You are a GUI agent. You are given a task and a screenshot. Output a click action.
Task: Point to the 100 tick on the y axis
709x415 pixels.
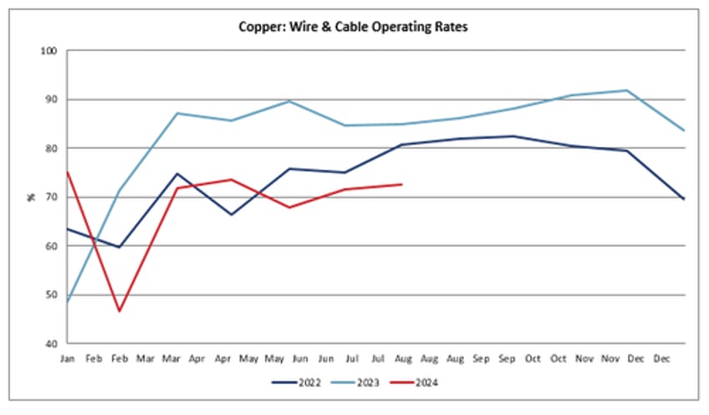48,51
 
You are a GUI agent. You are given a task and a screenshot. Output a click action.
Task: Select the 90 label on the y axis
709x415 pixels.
50,100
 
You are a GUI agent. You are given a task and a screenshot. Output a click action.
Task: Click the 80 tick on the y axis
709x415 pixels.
50,149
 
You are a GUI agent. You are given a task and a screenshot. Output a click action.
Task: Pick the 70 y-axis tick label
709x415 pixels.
50,197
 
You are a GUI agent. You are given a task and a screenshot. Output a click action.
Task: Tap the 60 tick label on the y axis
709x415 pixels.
50,246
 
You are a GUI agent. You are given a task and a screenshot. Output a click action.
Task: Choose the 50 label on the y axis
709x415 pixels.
50,295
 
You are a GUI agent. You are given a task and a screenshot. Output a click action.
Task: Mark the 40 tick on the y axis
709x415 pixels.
50,344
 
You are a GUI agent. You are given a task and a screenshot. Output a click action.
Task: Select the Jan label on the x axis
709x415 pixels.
68,359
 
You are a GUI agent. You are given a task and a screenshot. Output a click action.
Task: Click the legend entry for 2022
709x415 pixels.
298,383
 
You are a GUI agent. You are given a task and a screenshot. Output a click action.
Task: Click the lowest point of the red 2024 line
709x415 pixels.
120,311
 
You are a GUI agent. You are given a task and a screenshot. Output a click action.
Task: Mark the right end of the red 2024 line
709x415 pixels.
402,184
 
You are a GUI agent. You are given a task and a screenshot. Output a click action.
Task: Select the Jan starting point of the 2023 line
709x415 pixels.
68,301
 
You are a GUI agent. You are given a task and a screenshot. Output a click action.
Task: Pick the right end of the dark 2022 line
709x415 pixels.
684,199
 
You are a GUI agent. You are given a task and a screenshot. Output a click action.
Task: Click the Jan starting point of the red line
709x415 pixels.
68,172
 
